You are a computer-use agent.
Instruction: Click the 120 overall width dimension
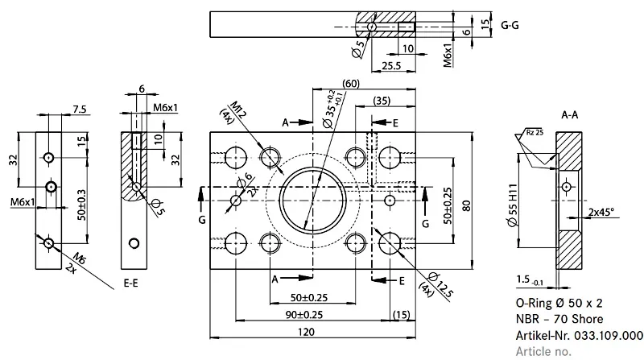(x=306, y=332)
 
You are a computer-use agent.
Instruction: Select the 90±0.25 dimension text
(x=304, y=315)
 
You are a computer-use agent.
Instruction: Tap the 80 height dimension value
(x=467, y=205)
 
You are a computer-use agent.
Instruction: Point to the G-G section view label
(x=510, y=26)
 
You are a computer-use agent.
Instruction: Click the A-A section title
(x=570, y=115)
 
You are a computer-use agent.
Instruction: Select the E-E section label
(x=130, y=283)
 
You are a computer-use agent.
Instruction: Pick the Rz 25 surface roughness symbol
(x=535, y=132)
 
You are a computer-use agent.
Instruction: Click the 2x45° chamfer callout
(x=601, y=212)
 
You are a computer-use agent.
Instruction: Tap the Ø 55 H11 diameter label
(x=513, y=205)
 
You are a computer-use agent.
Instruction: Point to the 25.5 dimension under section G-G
(x=391, y=66)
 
